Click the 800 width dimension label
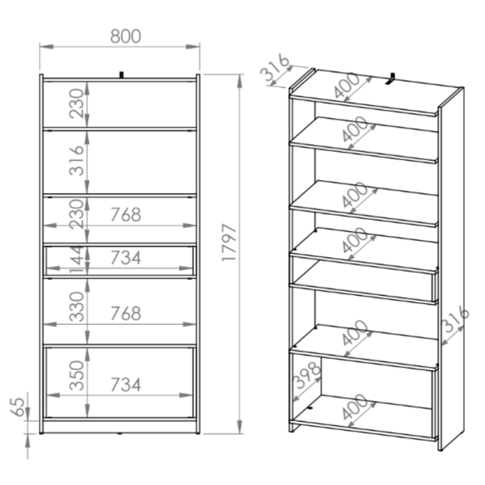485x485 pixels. click(x=125, y=36)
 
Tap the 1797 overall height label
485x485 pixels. click(x=230, y=242)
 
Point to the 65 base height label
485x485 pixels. click(x=17, y=407)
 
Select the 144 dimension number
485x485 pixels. click(x=77, y=259)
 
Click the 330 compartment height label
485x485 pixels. click(x=77, y=306)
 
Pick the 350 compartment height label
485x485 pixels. click(x=77, y=375)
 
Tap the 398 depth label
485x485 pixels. click(x=307, y=375)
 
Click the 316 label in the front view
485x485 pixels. click(x=77, y=161)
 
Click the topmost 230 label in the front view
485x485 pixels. click(x=77, y=103)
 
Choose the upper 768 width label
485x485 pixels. click(x=125, y=215)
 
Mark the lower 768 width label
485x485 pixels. click(x=125, y=314)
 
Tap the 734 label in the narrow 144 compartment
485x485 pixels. click(x=125, y=258)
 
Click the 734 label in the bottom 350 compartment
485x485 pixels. click(x=125, y=385)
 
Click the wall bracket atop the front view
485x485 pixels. click(x=122, y=75)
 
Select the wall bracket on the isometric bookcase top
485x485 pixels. click(x=390, y=78)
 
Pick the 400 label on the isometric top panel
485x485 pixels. click(x=348, y=86)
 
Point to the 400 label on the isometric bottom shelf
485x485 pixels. click(x=356, y=407)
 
